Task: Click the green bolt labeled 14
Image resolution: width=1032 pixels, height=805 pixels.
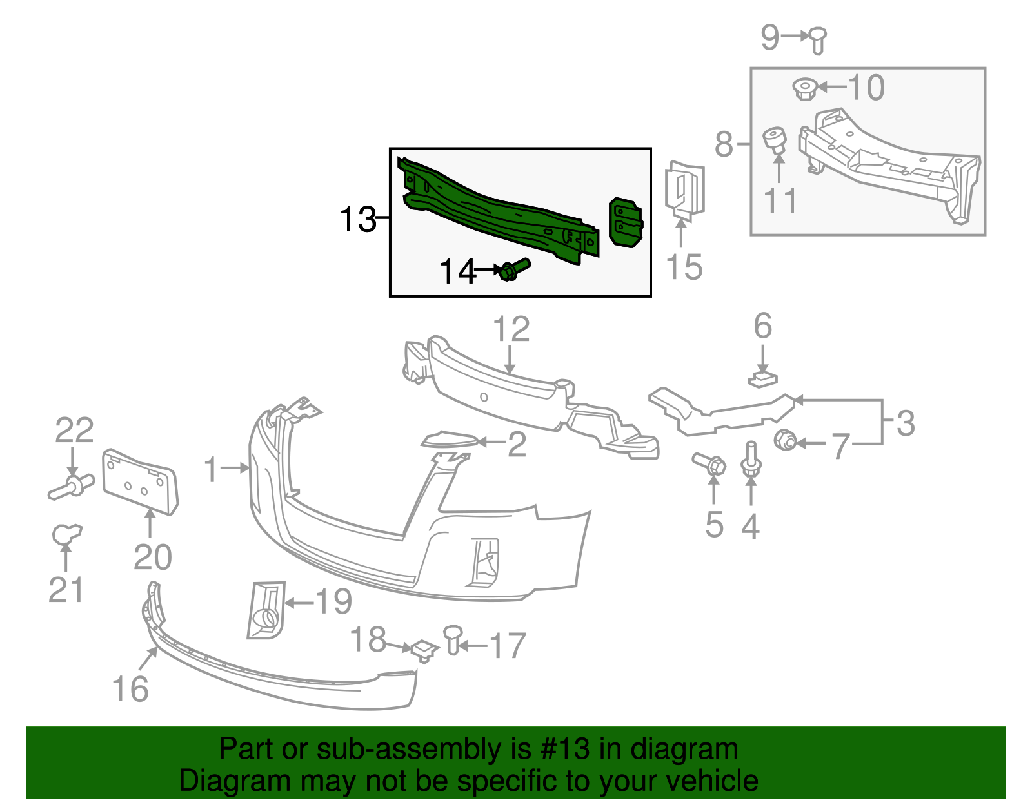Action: pos(515,269)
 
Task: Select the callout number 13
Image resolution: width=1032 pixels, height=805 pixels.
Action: pos(358,219)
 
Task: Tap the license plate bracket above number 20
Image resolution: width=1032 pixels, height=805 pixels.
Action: pos(141,481)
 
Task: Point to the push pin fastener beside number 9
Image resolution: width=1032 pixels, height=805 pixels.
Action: pos(817,41)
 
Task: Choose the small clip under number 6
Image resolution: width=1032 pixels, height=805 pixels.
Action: pos(763,380)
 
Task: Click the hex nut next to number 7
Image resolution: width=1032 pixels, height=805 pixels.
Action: pos(784,440)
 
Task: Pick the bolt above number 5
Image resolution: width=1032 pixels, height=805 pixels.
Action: pos(709,463)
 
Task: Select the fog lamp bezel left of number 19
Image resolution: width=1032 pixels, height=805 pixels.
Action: pos(266,610)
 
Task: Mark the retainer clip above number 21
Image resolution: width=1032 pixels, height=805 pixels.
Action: pos(66,534)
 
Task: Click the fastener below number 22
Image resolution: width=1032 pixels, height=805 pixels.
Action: pos(71,487)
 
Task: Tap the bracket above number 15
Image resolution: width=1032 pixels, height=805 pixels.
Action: pos(684,191)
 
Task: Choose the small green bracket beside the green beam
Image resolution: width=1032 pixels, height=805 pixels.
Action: pos(626,222)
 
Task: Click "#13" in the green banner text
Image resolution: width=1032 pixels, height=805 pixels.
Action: pos(564,749)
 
